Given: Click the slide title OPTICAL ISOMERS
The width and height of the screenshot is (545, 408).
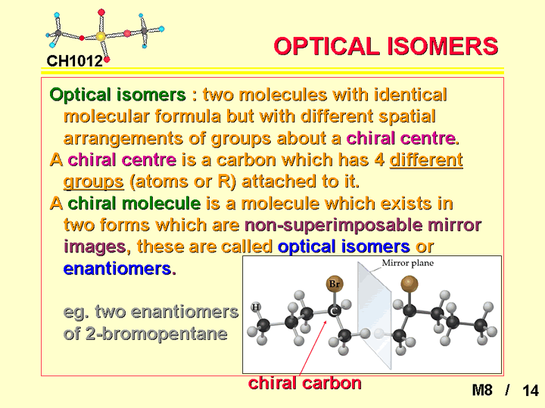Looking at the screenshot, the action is click(x=386, y=47).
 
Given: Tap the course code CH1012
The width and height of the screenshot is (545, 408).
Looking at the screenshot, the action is click(x=75, y=61).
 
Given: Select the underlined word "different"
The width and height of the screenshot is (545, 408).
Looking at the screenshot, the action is click(x=426, y=160).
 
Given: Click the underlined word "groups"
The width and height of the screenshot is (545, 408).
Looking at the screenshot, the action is click(x=94, y=182).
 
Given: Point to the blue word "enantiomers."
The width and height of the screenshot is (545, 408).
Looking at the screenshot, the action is click(x=120, y=268).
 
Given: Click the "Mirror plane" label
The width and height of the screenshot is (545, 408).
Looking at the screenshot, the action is click(x=408, y=263).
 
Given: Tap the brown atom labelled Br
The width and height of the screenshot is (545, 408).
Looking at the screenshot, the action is click(x=335, y=284).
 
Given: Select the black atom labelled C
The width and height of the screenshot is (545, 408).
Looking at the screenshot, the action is click(x=335, y=311).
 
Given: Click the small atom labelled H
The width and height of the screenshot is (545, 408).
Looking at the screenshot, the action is click(x=256, y=307).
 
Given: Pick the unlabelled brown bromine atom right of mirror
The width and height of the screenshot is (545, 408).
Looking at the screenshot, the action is click(x=410, y=284).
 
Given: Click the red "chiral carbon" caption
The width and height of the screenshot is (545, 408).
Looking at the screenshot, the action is click(x=305, y=383).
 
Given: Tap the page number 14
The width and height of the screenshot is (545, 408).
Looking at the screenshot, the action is click(x=531, y=391).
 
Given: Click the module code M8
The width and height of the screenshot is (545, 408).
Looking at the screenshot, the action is click(x=482, y=391).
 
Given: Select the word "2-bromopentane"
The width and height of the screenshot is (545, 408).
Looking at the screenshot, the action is click(x=156, y=334).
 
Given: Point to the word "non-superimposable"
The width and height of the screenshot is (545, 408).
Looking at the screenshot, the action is click(x=334, y=225).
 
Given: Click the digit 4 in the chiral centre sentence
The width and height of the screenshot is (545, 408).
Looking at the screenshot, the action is click(x=379, y=160).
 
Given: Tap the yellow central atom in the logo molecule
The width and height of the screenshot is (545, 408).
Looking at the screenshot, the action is click(x=101, y=36).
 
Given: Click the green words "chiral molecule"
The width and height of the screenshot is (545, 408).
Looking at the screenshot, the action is click(x=134, y=203).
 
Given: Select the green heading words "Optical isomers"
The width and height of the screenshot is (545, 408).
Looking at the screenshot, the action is click(x=117, y=95).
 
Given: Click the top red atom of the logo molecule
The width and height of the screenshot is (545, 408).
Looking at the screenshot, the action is click(x=101, y=13).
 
